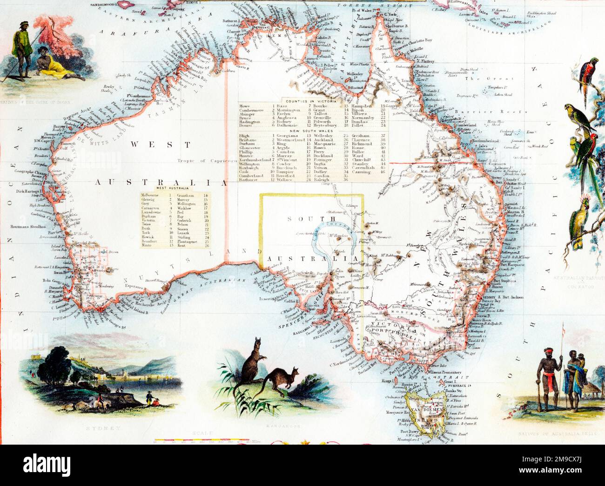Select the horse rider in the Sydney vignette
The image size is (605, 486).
pos(100,400)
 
